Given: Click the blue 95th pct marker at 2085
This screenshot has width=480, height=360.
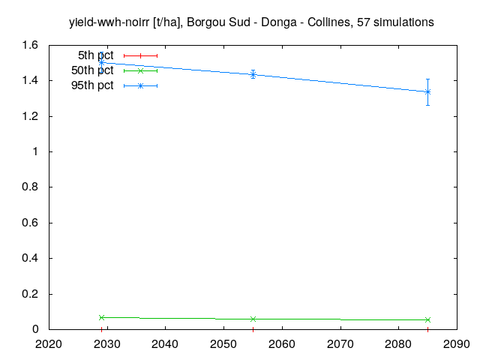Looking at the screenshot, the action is coord(427,91).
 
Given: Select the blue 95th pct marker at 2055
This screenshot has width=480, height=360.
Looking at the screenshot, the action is coord(253,74).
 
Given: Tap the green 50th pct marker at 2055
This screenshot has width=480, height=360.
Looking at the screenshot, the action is coord(253,319).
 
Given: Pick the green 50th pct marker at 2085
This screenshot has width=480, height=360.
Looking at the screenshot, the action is coord(427,319).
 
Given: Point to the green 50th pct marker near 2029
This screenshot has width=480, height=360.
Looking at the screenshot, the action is coord(102,317).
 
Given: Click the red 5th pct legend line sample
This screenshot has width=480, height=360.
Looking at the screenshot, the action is coord(140,55).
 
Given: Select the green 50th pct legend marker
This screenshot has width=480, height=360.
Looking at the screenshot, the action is coord(140,70).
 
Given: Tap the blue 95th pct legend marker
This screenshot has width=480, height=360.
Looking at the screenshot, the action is coord(140,85).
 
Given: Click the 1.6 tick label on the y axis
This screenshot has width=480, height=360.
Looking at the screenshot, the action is coord(30,45).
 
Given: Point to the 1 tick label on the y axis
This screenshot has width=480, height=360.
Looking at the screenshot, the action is coord(35,151).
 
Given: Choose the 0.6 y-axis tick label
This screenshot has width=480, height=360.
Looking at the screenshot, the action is coord(30,223).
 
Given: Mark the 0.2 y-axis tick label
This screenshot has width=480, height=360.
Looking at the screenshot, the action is coord(30,294).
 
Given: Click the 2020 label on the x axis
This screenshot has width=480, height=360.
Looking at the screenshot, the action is coord(49,344).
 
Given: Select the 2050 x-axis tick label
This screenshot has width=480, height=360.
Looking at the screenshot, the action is coord(223,344).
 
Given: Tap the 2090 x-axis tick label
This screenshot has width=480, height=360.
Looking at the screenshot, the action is coord(457,344).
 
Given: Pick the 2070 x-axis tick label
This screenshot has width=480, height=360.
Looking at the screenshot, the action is coord(340,344).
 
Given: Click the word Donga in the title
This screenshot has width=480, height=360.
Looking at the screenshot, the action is coord(279,22).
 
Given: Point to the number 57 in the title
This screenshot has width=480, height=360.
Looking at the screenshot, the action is coord(364,22).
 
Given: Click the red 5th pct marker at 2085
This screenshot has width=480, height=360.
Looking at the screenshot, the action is coord(427,329).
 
